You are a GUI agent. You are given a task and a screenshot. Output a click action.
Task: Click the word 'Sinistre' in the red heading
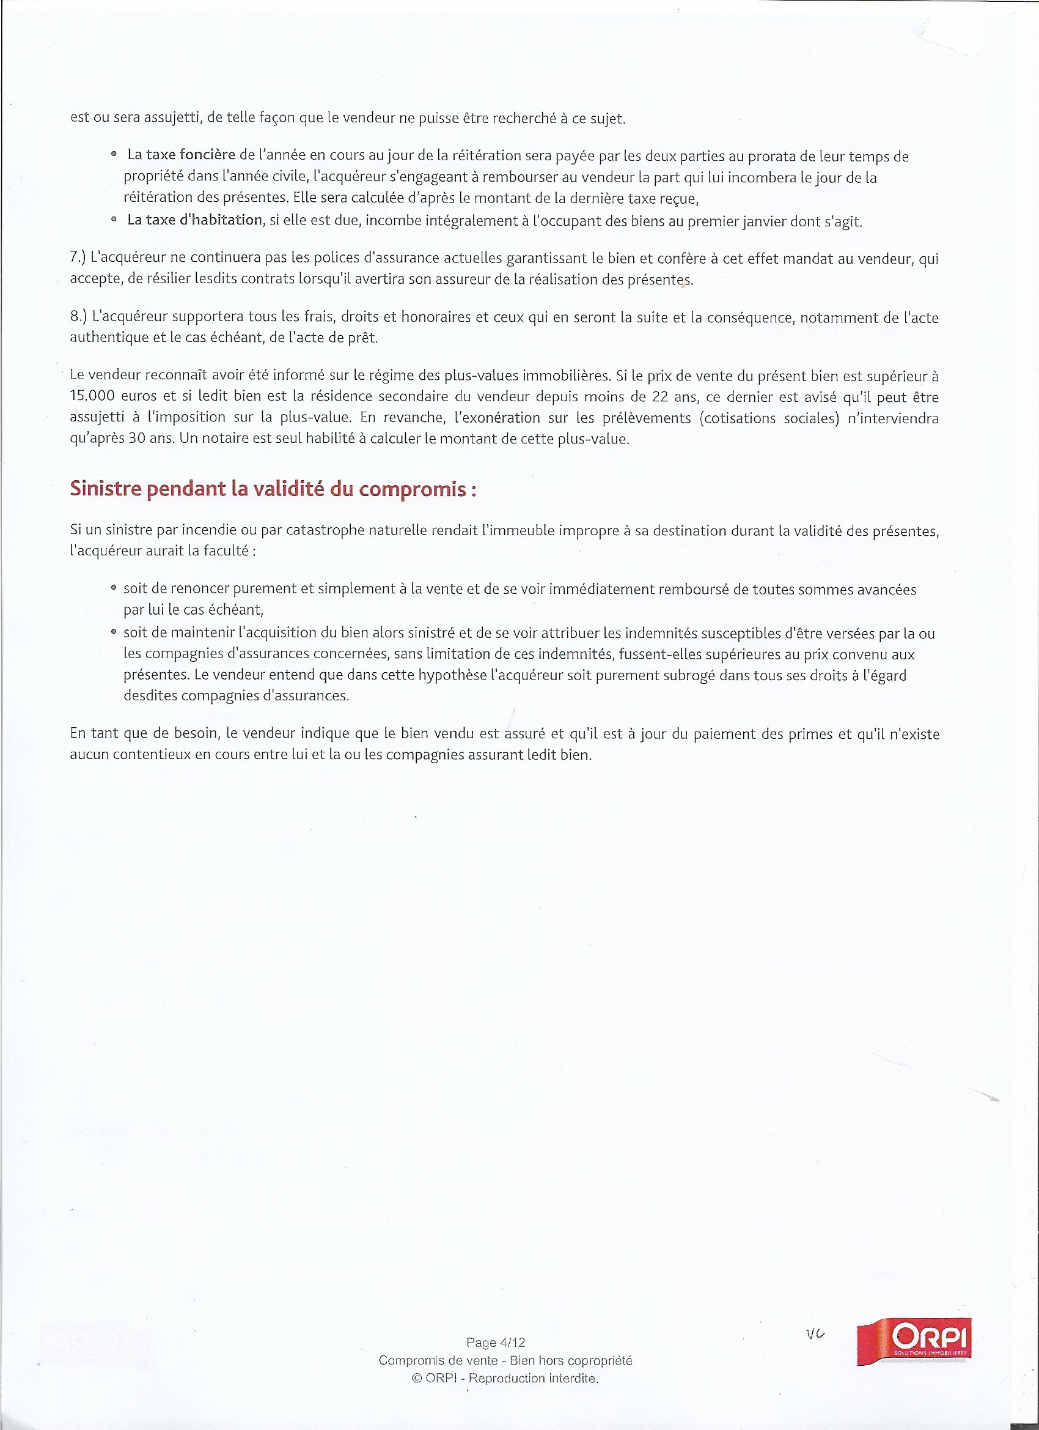[105, 489]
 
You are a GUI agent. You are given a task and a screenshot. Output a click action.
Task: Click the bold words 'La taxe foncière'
[182, 155]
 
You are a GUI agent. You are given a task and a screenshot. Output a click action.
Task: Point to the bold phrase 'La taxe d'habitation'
[195, 220]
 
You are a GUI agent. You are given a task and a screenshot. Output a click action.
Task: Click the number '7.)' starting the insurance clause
[78, 257]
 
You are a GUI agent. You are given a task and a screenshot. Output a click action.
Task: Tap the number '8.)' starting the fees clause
[78, 316]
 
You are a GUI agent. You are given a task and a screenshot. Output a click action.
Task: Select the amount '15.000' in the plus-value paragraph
[92, 396]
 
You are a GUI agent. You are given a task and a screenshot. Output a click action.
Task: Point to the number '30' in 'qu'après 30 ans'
[137, 438]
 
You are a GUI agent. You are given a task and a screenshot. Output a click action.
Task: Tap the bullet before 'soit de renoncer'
[114, 588]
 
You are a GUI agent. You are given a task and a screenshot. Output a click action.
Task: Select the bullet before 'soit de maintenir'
[114, 632]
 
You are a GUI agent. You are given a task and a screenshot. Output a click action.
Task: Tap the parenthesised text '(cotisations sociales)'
[769, 418]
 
